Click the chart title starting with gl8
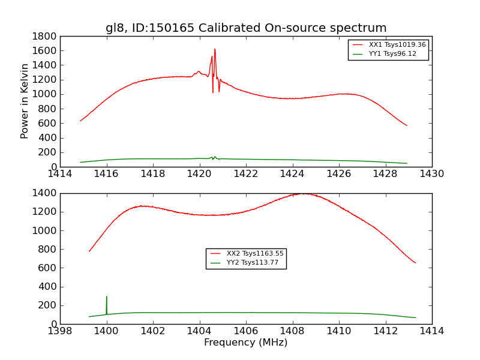click(x=246, y=28)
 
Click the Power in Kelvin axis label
click(x=25, y=101)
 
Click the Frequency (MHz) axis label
click(x=246, y=343)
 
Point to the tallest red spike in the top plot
click(x=215, y=50)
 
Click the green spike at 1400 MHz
click(x=107, y=297)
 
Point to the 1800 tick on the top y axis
click(x=46, y=36)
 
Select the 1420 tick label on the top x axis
click(x=199, y=174)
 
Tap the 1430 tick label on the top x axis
click(x=432, y=174)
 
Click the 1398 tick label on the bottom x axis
click(x=60, y=331)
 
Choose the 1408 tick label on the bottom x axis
click(x=292, y=331)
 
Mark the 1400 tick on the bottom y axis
click(x=46, y=193)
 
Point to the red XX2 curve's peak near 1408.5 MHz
click(x=304, y=194)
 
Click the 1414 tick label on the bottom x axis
click(x=432, y=331)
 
